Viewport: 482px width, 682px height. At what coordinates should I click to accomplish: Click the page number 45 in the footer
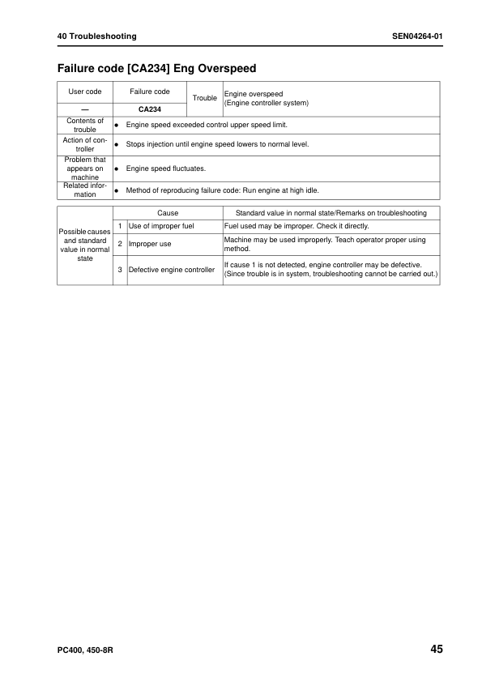(436, 649)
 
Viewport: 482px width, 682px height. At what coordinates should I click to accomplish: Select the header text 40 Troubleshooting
(96, 36)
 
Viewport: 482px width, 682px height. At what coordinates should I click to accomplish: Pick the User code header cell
(84, 92)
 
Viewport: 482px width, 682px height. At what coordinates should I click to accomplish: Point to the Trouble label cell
(205, 98)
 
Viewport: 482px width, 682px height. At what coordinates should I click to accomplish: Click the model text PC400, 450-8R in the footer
(84, 650)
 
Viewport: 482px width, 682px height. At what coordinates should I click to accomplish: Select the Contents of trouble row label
(84, 125)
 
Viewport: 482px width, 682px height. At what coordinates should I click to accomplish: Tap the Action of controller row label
(84, 143)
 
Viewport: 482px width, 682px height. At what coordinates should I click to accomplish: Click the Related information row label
(84, 190)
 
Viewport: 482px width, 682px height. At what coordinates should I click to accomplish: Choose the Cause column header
(168, 213)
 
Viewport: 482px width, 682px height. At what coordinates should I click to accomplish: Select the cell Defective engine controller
(172, 270)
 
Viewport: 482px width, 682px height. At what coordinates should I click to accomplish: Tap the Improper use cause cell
(150, 243)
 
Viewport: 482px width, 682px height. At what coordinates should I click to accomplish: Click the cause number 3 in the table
(120, 270)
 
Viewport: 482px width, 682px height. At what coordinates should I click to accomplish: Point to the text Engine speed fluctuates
(166, 168)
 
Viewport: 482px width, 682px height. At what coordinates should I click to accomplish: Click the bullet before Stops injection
(117, 144)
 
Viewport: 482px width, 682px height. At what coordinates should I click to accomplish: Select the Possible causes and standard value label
(84, 245)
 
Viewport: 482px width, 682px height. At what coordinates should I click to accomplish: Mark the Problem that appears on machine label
(84, 168)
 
